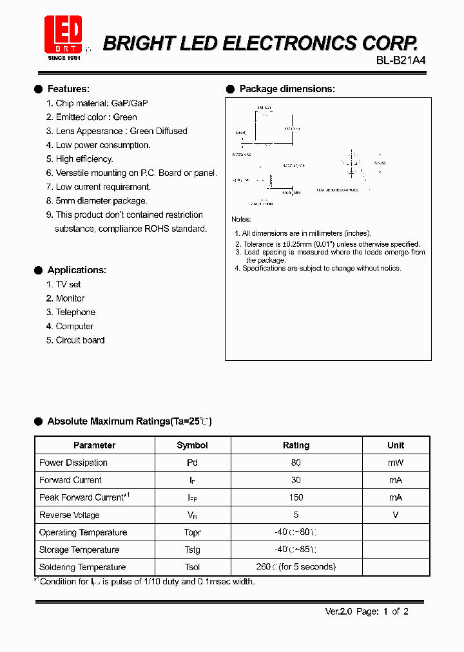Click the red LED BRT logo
click(63, 34)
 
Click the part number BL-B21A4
click(400, 60)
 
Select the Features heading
click(68, 89)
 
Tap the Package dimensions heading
click(287, 89)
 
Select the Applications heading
click(77, 270)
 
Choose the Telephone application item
click(75, 312)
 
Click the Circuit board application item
click(80, 340)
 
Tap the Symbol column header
click(192, 445)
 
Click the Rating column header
click(296, 445)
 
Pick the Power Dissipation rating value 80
click(296, 463)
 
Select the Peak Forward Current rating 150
click(296, 497)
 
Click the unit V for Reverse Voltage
click(396, 515)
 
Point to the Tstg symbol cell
click(192, 550)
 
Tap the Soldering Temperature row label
click(82, 567)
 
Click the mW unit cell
click(396, 463)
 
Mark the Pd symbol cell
click(192, 463)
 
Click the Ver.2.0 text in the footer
click(338, 612)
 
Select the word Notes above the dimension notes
click(242, 220)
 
